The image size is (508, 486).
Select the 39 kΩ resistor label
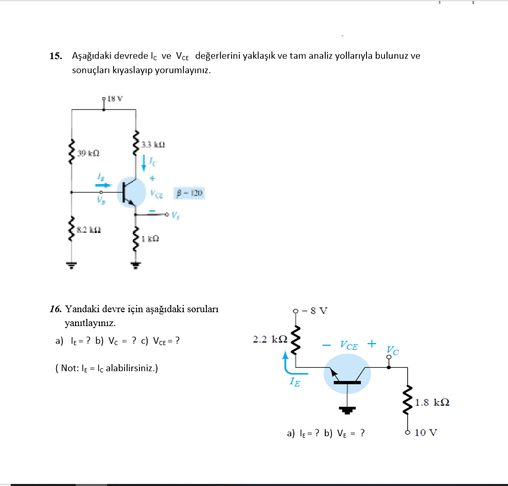[89, 153]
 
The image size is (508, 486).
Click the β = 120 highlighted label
[189, 193]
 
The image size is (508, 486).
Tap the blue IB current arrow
[102, 185]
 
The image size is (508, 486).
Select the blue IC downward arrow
[144, 164]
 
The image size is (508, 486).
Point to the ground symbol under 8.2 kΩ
[71, 265]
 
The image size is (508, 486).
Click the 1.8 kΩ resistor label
[432, 402]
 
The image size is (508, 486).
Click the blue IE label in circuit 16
[294, 382]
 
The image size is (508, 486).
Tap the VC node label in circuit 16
[393, 351]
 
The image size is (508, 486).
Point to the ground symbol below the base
[348, 410]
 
